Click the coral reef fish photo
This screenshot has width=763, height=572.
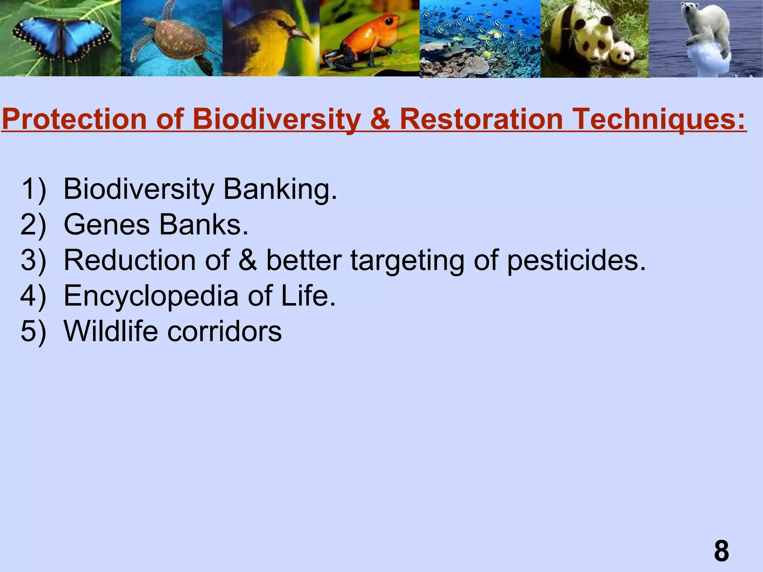point(480,39)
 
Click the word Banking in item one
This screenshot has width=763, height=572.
point(279,189)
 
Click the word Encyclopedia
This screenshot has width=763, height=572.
point(151,296)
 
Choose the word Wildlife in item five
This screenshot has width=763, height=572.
point(111,331)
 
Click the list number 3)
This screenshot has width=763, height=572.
point(34,260)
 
